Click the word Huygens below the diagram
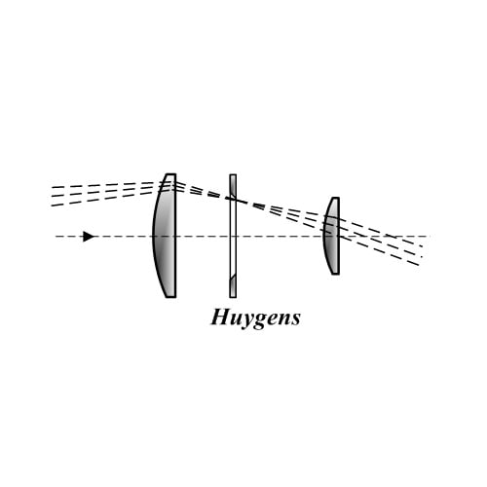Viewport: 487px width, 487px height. click(255, 318)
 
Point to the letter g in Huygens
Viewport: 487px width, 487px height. click(260, 320)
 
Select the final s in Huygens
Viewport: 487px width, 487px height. click(295, 319)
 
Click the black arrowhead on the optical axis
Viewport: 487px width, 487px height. click(89, 237)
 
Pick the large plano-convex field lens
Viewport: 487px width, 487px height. click(165, 236)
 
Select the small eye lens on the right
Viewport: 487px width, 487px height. click(332, 236)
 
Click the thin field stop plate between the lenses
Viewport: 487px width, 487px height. click(233, 236)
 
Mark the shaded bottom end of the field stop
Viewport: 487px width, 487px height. click(233, 286)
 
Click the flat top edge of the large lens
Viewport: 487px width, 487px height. click(171, 174)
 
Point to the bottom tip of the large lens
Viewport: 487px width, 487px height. click(171, 297)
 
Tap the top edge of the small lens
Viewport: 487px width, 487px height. click(335, 198)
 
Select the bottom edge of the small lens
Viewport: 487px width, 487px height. click(335, 274)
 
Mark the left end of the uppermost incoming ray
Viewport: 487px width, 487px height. click(52, 187)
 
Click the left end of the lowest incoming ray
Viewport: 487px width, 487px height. click(52, 206)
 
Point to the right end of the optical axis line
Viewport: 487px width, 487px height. click(431, 237)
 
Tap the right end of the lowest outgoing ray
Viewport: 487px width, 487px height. click(419, 265)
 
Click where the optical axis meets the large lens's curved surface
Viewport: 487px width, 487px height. click(153, 237)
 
